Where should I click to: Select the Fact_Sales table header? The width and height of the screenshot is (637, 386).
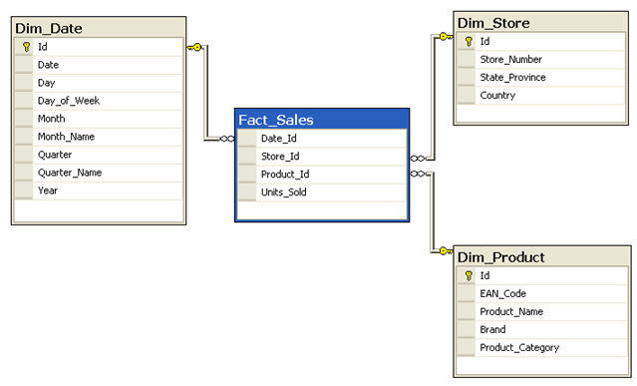click(x=276, y=120)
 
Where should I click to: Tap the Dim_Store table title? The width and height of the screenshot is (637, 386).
click(x=493, y=22)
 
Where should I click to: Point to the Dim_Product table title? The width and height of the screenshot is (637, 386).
click(x=501, y=257)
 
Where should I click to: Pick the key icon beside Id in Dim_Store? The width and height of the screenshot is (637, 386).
click(x=467, y=42)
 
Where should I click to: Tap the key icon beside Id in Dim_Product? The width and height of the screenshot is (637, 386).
click(x=467, y=276)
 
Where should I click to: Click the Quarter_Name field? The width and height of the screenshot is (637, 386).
click(x=70, y=173)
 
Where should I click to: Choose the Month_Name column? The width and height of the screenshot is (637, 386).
click(x=66, y=137)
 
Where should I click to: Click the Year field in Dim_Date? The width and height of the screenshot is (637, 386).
click(x=48, y=191)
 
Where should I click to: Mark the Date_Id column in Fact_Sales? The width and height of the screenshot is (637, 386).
click(x=278, y=139)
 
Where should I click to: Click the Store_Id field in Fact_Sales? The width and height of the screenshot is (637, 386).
click(x=280, y=157)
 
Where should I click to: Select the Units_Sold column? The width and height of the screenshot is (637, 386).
click(x=283, y=193)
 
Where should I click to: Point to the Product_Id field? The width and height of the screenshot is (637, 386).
click(x=284, y=175)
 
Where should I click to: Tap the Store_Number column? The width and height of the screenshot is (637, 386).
click(x=510, y=60)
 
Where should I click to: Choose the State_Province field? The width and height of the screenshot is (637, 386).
click(x=512, y=78)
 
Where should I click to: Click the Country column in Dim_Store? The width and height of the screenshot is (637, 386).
click(x=497, y=96)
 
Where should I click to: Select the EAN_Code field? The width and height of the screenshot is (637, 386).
click(x=502, y=294)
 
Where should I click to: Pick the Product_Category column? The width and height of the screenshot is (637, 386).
click(x=518, y=348)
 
